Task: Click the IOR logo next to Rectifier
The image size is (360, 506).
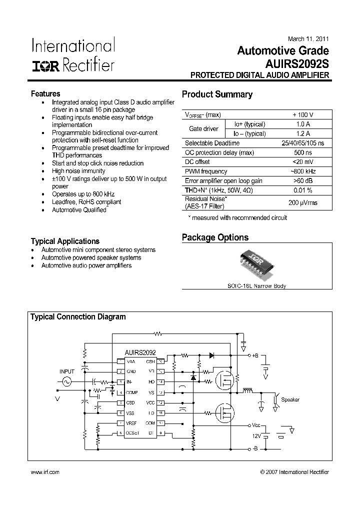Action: tap(46, 66)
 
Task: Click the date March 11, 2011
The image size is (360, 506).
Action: tap(309, 39)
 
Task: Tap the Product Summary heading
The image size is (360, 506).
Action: tap(217, 94)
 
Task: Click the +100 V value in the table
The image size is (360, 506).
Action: tap(303, 115)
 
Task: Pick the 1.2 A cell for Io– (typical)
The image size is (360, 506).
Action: tap(303, 133)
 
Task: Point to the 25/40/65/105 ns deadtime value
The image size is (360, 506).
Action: tap(303, 143)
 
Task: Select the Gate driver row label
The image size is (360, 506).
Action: tap(203, 129)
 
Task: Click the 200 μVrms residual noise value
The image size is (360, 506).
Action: tap(303, 203)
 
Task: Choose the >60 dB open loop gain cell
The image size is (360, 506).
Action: tap(303, 180)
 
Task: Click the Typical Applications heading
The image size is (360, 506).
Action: tap(65, 241)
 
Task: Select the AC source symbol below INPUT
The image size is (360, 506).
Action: tap(65, 381)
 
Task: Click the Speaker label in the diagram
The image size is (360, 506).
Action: tap(290, 400)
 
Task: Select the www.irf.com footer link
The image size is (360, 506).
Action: tap(45, 472)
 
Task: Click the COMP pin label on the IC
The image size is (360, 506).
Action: tap(131, 392)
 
